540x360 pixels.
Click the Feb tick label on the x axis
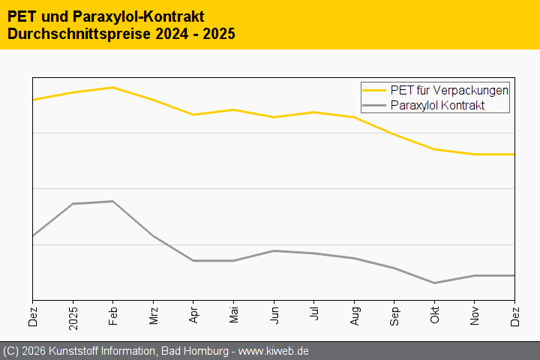tap(112, 315)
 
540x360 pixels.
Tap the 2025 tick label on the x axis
tap(73, 317)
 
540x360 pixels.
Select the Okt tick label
tap(434, 315)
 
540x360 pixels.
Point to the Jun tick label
tap(274, 315)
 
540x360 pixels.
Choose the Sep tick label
tap(394, 316)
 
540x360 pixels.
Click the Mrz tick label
tap(153, 315)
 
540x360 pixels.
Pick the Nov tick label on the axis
tap(475, 315)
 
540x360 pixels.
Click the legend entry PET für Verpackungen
tap(450, 90)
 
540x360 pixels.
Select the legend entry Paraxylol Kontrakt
tap(438, 106)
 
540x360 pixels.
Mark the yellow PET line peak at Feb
tap(112, 88)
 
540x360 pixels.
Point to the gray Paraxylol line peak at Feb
tap(112, 201)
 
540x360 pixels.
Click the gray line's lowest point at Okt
tap(434, 283)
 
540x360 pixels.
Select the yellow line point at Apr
tap(193, 115)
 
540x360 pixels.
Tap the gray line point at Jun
tap(274, 250)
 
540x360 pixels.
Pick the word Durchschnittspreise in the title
tap(79, 34)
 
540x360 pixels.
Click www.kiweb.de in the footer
tap(274, 351)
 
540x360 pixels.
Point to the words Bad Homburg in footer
tap(193, 351)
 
